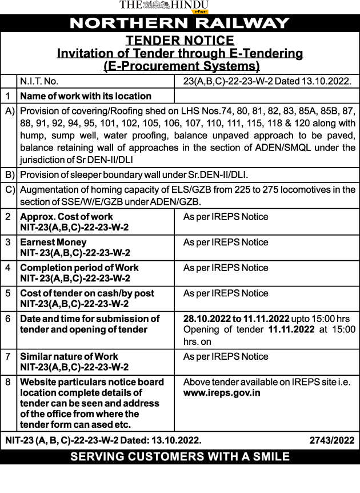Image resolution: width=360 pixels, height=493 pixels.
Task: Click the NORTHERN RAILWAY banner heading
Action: click(179, 23)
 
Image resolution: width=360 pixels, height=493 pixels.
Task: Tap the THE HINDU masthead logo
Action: click(163, 5)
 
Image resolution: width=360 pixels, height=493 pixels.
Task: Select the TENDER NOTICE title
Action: click(179, 40)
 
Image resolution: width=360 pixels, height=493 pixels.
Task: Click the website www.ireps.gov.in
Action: click(222, 393)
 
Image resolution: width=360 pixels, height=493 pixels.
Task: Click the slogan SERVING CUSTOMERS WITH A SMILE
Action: click(179, 456)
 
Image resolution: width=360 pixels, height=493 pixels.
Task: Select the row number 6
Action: click(8, 319)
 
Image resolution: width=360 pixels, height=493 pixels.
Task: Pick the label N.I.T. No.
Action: click(39, 81)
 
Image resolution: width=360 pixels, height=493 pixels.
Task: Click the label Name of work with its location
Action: click(86, 96)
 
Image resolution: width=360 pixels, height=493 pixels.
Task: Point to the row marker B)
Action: click(9, 174)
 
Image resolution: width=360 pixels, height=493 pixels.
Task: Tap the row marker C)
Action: click(9, 189)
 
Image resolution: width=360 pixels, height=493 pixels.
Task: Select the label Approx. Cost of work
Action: click(66, 217)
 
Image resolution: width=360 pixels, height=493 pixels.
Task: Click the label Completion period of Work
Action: click(79, 268)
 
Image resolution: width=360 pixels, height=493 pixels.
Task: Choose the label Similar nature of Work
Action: click(69, 356)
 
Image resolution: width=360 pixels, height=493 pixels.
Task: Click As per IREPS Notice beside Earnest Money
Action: click(226, 242)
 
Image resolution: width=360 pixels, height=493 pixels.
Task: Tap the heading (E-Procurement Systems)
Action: click(179, 66)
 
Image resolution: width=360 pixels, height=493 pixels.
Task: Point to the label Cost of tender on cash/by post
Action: click(87, 293)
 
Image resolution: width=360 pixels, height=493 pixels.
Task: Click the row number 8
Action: click(8, 382)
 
